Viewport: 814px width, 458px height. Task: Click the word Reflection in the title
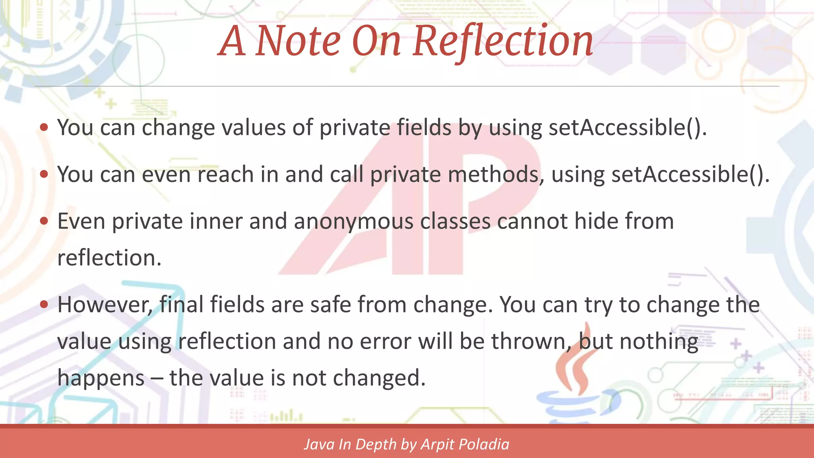(x=503, y=41)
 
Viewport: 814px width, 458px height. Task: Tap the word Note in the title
(x=298, y=41)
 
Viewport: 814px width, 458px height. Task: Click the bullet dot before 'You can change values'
(x=44, y=128)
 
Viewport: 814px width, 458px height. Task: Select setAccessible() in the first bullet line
(x=627, y=128)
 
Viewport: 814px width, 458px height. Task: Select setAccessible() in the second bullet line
(x=690, y=175)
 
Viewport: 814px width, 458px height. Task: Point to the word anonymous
(x=353, y=221)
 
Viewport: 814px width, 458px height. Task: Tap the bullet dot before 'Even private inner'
(x=44, y=221)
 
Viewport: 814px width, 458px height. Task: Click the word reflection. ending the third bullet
(x=109, y=258)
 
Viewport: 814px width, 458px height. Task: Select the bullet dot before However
(x=44, y=305)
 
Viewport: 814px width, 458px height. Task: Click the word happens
(x=101, y=378)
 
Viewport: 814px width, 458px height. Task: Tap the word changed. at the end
(x=379, y=378)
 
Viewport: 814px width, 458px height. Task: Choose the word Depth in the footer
(x=376, y=444)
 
